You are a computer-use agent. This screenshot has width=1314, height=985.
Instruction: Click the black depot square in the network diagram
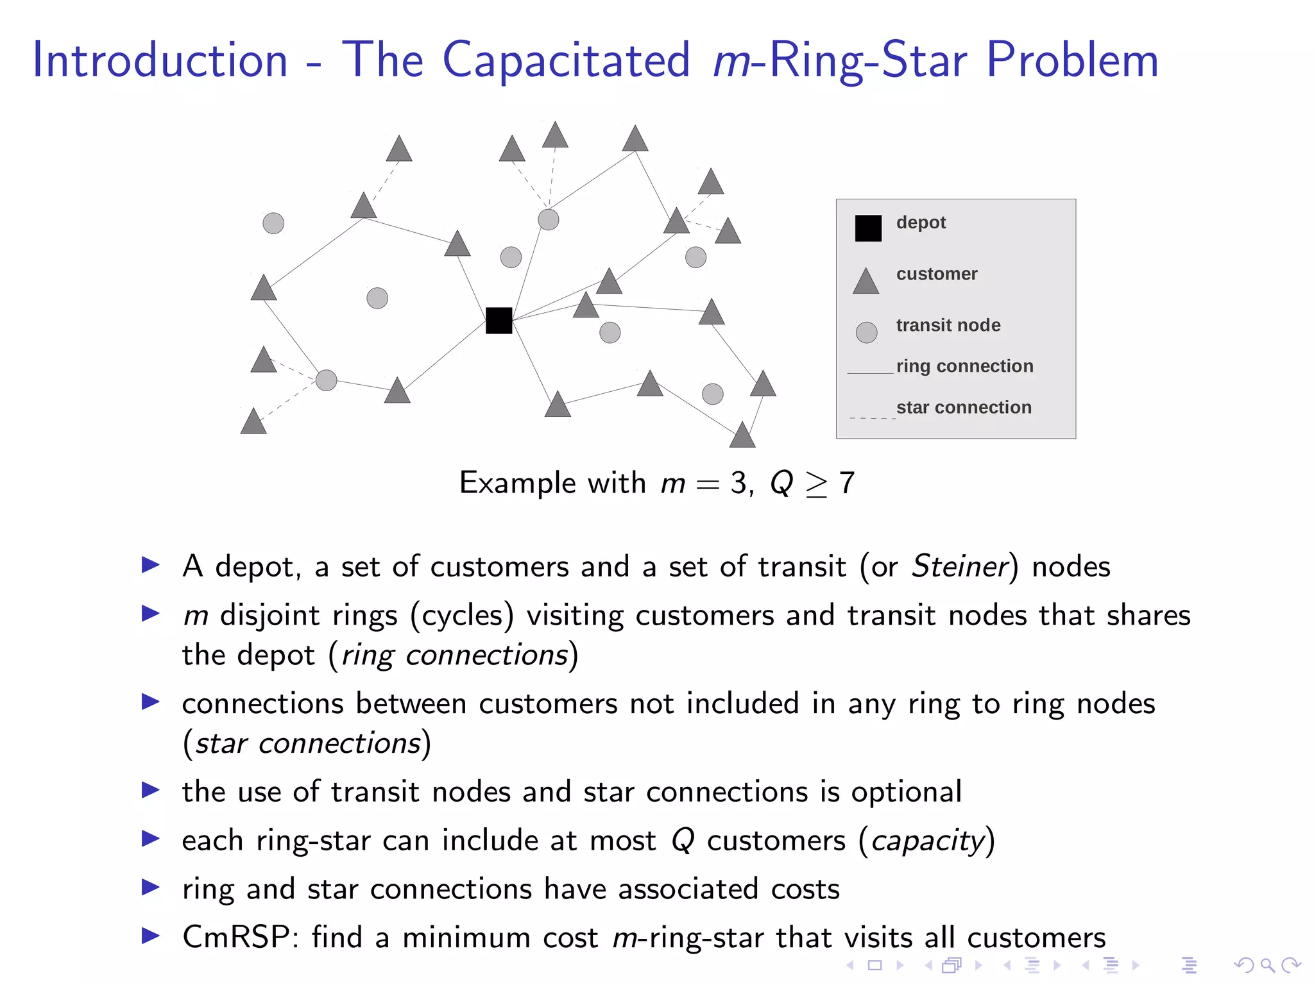point(499,321)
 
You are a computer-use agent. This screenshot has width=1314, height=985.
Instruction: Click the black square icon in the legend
point(868,228)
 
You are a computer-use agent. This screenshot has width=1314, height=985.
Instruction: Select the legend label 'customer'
point(936,274)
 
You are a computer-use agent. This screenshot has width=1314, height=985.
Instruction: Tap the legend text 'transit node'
point(948,325)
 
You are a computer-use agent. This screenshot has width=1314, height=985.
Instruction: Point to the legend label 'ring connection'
point(964,366)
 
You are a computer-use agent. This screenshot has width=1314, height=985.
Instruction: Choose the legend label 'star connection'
point(963,407)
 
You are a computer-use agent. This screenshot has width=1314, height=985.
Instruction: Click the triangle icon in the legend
point(866,282)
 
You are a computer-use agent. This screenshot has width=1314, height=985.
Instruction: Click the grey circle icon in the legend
point(866,332)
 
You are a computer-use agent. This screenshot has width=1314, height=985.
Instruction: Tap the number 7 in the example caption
point(847,483)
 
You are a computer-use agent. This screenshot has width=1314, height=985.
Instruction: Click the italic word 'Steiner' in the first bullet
point(960,566)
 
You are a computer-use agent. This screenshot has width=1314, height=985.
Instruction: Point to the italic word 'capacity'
point(927,841)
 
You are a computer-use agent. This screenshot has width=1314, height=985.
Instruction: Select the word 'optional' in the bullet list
point(906,792)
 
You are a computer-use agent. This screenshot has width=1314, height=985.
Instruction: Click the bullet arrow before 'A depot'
point(151,565)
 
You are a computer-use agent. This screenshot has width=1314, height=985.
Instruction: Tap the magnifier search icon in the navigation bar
point(1267,965)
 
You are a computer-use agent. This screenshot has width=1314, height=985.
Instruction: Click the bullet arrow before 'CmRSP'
point(151,936)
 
